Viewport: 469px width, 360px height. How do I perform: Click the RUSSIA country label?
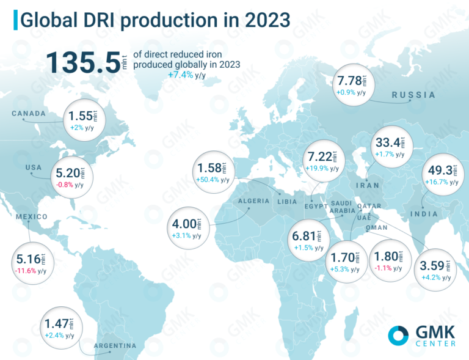tap(413, 95)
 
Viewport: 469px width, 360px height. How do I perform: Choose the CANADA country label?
tap(29, 114)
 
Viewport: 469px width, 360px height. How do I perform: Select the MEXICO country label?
tap(32, 217)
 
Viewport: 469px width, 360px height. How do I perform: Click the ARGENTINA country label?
tap(115, 347)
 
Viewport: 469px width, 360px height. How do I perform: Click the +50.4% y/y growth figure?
tap(213, 180)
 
